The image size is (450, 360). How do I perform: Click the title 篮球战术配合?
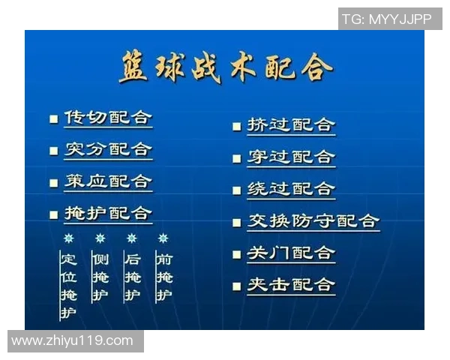coord(225,68)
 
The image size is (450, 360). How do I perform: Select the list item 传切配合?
coord(108,118)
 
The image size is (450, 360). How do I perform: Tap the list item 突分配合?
coord(108,149)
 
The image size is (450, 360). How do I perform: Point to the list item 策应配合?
coord(108,181)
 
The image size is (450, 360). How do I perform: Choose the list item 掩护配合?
coord(108,214)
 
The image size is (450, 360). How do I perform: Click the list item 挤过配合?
coord(291,125)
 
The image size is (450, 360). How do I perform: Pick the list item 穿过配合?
coord(291,157)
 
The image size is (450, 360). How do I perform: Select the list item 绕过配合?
coord(291,189)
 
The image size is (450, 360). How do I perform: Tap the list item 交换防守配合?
coord(313,221)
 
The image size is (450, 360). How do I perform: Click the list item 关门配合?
coord(291,253)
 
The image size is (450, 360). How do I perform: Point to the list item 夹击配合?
coord(291,285)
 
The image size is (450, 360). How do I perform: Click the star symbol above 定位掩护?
coord(68,238)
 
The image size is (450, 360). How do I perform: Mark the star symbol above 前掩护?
coord(163,238)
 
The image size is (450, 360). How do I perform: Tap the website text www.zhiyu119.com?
coord(73,341)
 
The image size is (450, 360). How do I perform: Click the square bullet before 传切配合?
coord(54,118)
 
